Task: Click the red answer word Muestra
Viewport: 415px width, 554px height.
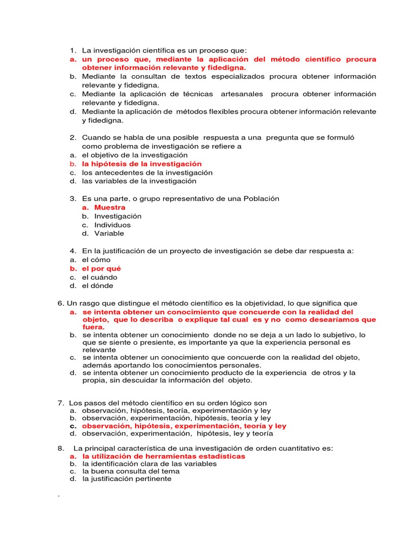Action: pyautogui.click(x=110, y=207)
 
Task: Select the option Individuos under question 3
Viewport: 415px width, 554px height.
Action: pyautogui.click(x=112, y=225)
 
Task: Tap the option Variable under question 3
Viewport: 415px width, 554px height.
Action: pyautogui.click(x=109, y=233)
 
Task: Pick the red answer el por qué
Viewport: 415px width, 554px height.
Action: pyautogui.click(x=102, y=268)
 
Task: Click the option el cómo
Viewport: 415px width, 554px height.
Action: pyautogui.click(x=96, y=260)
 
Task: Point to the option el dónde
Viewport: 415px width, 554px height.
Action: pyautogui.click(x=98, y=286)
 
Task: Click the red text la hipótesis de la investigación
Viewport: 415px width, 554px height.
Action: pyautogui.click(x=142, y=163)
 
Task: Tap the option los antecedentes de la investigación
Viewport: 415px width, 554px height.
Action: pyautogui.click(x=147, y=173)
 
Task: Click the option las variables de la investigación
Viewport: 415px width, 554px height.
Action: pyautogui.click(x=139, y=181)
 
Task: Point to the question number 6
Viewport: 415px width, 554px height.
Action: pyautogui.click(x=60, y=303)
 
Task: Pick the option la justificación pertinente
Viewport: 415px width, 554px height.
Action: pyautogui.click(x=126, y=478)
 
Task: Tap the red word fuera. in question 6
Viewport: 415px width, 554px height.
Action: pyautogui.click(x=93, y=327)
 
